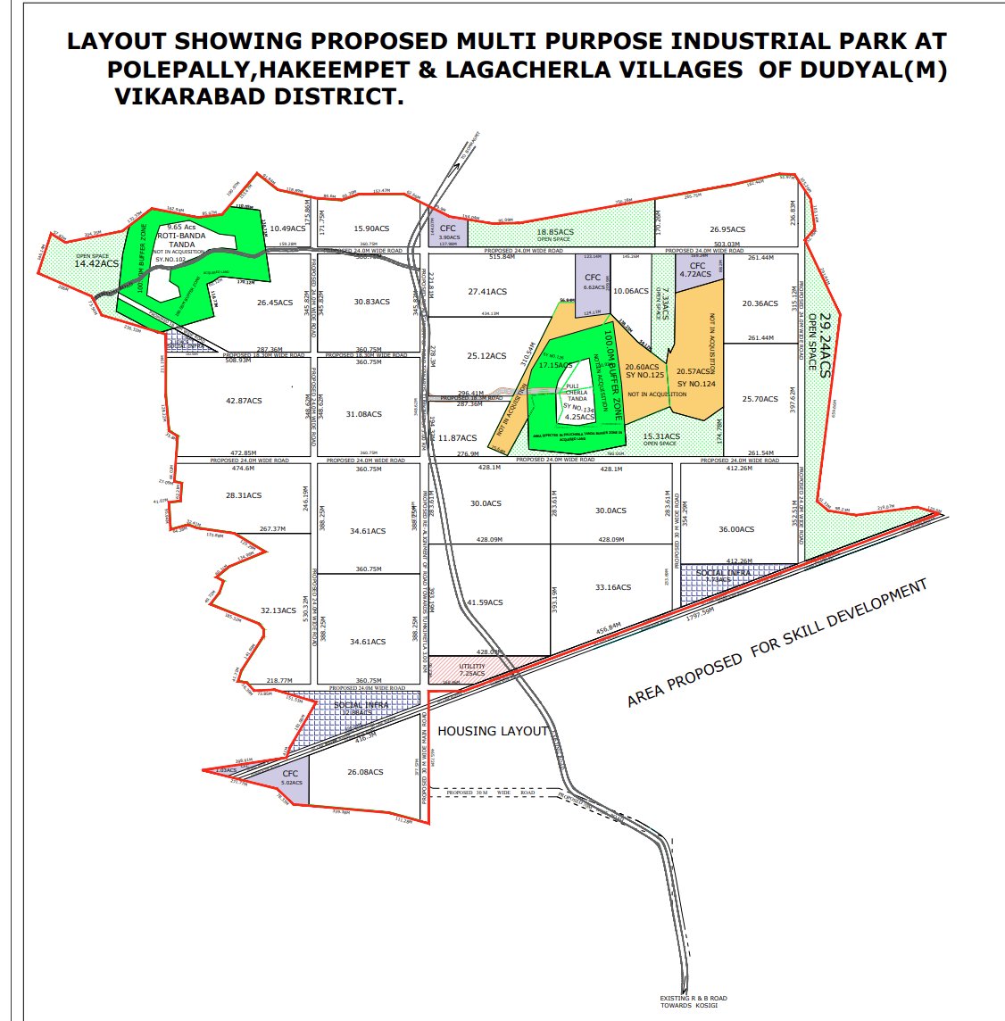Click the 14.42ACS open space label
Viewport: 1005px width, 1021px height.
[x=96, y=264]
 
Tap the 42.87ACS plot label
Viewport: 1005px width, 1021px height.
[x=244, y=402]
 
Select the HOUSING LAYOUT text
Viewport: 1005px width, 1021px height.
[x=493, y=731]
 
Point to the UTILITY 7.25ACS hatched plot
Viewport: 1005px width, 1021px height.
[x=473, y=670]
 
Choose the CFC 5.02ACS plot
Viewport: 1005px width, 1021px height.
[x=290, y=777]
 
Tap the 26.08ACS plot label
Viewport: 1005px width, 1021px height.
[x=365, y=772]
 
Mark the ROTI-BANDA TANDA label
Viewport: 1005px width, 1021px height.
[x=182, y=240]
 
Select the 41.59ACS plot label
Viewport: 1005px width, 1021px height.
[x=486, y=602]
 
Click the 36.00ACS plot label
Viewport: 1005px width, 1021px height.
[x=736, y=529]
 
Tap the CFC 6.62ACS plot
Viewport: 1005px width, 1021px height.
[x=593, y=282]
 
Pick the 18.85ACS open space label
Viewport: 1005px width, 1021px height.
[x=555, y=232]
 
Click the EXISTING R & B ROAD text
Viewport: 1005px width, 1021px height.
[x=694, y=999]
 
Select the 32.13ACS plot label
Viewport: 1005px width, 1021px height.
[x=278, y=610]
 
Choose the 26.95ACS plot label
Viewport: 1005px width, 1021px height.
[x=727, y=229]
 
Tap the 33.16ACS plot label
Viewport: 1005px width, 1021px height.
[x=613, y=587]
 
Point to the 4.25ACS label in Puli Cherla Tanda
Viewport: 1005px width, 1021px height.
[x=580, y=417]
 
